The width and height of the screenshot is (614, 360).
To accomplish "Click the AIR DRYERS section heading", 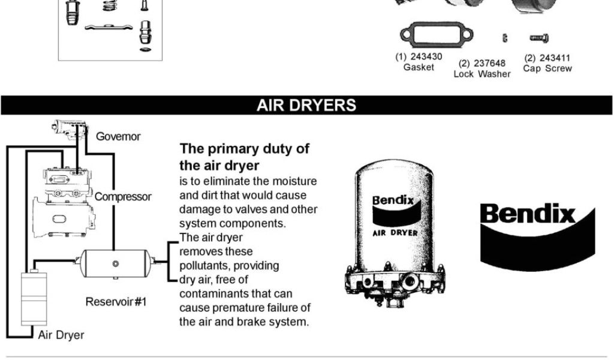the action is (x=306, y=105).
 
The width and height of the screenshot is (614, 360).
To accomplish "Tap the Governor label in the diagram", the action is (x=118, y=136).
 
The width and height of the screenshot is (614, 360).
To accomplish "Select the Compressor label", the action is (x=123, y=196).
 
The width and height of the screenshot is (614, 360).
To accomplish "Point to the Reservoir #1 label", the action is (x=116, y=301).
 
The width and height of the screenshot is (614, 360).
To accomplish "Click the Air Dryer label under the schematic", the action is (x=61, y=335).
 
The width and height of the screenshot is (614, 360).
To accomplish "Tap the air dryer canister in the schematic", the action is (x=34, y=299).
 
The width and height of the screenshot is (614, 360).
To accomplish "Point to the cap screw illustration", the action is (x=538, y=38).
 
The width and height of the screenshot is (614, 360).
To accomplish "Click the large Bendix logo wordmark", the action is (x=528, y=214).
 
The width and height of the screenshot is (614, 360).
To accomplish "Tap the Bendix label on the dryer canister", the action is (x=393, y=200).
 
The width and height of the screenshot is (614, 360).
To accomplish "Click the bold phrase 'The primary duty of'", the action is (x=245, y=149).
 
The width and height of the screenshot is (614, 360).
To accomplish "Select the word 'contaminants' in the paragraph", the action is (x=210, y=293).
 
